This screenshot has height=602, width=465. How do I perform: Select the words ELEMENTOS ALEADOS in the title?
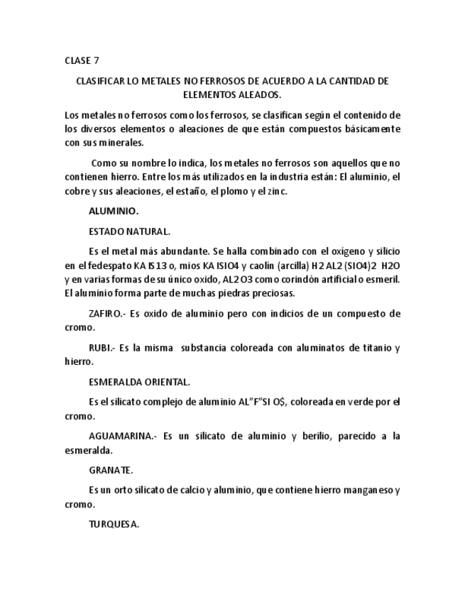(x=232, y=94)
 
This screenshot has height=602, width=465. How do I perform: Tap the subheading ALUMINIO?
(x=114, y=211)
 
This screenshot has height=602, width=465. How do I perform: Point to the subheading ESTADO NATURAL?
(x=129, y=231)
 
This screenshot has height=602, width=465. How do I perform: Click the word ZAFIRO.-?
(x=107, y=313)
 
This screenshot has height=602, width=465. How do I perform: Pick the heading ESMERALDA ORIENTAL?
(x=139, y=382)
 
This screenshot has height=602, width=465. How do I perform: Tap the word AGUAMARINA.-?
(x=121, y=436)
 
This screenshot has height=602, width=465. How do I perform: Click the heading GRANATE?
(x=111, y=470)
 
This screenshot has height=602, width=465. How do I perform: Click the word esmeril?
(x=384, y=279)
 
